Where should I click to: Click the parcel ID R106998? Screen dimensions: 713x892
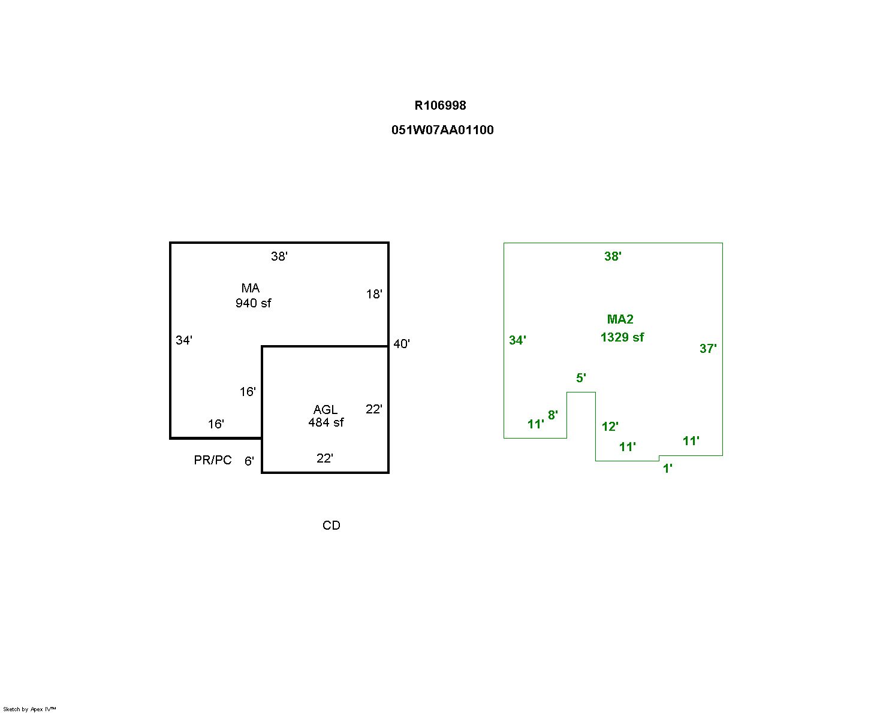[440, 105]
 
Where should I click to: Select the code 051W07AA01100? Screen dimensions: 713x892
[442, 130]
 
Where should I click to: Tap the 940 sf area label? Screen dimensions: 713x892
[253, 303]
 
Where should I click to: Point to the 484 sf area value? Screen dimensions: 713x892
[326, 422]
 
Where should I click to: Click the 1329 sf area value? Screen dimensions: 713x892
[622, 337]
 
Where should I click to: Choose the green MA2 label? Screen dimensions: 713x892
[620, 319]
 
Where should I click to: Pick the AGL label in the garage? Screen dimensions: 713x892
[326, 410]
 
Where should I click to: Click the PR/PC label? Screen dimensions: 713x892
[213, 460]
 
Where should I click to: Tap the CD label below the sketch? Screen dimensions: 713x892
[332, 525]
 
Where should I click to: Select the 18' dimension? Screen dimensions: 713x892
[374, 294]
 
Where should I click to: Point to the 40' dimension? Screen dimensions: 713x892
[402, 344]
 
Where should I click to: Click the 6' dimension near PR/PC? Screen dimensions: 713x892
[249, 461]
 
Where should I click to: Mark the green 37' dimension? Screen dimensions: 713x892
[708, 349]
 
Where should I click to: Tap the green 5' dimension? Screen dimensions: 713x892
[581, 378]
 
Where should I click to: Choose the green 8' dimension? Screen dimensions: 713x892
[553, 415]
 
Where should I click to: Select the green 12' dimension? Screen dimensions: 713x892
[610, 427]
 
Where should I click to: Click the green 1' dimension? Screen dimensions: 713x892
[667, 469]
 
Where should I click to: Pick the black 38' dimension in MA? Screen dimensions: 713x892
[279, 256]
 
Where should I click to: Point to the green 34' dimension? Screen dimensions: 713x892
[517, 340]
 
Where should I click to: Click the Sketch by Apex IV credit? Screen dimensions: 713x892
[29, 709]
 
